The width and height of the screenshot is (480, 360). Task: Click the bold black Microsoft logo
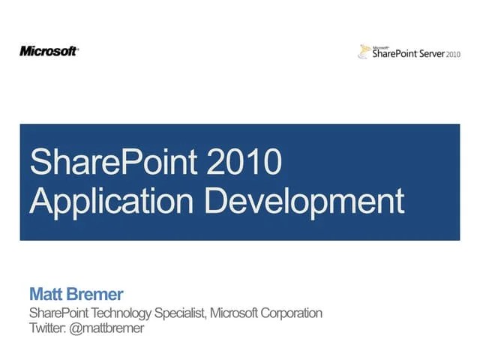point(49,51)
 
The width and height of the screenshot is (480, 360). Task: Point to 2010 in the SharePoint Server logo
point(453,55)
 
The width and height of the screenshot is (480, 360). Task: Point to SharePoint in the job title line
point(56,313)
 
